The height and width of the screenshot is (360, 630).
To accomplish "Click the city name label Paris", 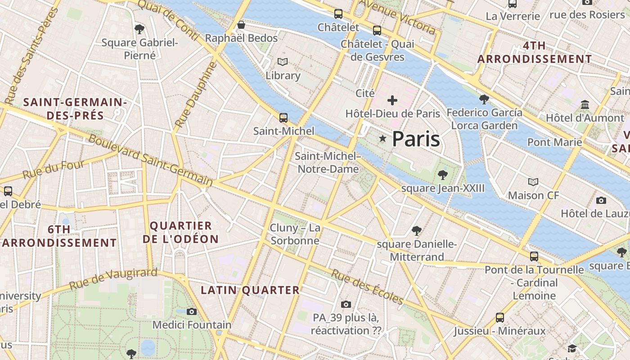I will (416, 139).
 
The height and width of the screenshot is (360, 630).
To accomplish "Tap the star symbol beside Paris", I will (383, 139).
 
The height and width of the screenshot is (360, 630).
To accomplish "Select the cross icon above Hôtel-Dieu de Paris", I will (392, 100).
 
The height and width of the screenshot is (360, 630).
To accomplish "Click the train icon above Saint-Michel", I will (283, 118).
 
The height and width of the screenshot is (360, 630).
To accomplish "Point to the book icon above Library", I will (283, 62).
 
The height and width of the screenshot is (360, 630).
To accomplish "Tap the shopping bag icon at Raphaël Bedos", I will (241, 25).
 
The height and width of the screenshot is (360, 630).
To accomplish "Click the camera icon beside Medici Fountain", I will (192, 311).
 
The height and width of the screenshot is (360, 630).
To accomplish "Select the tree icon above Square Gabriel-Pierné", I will (139, 29).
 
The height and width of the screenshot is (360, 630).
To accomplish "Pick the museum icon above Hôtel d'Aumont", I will (585, 105).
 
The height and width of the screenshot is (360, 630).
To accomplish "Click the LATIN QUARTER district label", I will (250, 290).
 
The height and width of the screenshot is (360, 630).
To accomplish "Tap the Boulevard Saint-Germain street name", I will (150, 160).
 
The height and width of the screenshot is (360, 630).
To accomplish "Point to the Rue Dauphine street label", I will (196, 94).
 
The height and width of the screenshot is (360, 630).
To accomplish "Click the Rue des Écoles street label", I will (367, 286).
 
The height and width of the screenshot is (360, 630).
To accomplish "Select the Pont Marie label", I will (554, 143).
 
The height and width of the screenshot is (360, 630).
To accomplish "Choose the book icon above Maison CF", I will (533, 182).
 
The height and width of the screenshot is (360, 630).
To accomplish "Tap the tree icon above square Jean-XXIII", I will (443, 175).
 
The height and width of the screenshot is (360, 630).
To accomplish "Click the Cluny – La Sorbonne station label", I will (295, 234).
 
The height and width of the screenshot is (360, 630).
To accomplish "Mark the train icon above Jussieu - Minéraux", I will (499, 318).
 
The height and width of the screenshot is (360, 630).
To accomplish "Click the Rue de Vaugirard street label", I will (113, 279).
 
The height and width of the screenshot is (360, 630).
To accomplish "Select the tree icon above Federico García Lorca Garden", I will (484, 99).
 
